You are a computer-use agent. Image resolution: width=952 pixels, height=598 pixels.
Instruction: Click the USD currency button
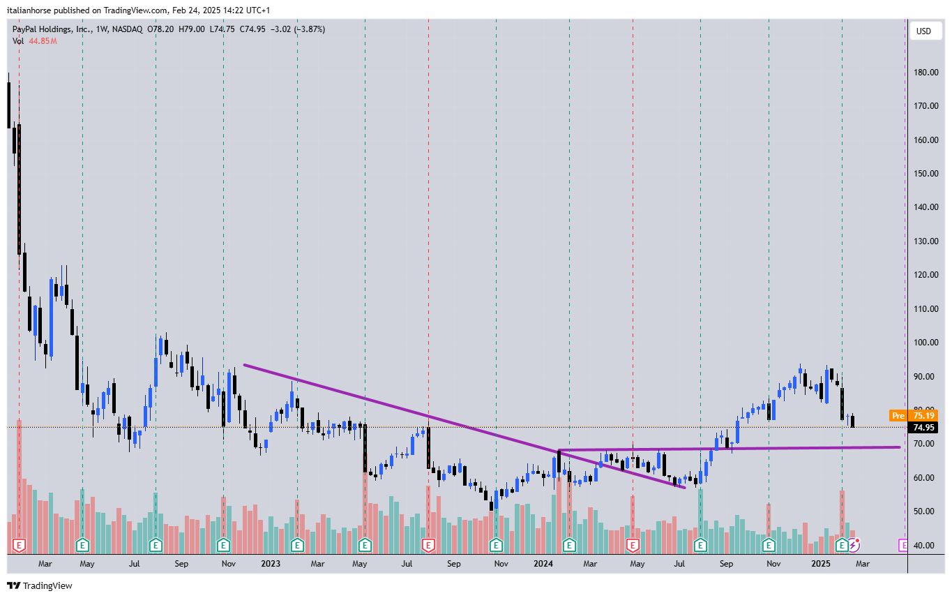(x=923, y=31)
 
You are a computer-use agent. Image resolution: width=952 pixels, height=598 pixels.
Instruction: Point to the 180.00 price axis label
(x=925, y=72)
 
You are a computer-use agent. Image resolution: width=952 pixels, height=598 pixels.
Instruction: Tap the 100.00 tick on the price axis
(x=925, y=343)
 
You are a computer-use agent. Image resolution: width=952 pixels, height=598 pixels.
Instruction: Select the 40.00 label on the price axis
(x=925, y=546)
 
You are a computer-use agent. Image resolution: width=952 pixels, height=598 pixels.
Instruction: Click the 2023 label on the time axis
(x=271, y=563)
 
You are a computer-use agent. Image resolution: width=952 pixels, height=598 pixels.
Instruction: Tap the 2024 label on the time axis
(x=543, y=563)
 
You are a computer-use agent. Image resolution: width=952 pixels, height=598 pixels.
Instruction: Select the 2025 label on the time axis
(x=820, y=563)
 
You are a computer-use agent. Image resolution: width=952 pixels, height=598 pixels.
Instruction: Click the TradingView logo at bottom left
(x=40, y=585)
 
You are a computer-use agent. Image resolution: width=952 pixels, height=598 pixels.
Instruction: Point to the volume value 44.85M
(x=43, y=41)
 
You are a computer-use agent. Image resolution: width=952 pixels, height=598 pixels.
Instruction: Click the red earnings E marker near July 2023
(x=428, y=544)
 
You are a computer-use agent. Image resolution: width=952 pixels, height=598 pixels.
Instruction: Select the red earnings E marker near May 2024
(x=633, y=544)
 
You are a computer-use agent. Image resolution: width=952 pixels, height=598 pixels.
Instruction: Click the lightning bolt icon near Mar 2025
(x=854, y=544)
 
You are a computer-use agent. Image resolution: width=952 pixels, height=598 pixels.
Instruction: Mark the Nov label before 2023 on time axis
(x=227, y=563)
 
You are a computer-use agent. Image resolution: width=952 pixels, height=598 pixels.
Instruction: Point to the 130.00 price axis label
(x=925, y=241)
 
